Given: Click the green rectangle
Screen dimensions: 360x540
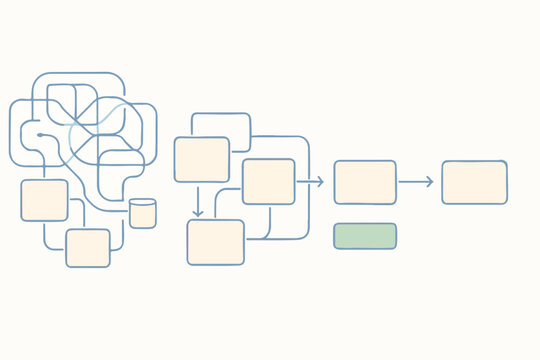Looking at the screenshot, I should click(x=364, y=236).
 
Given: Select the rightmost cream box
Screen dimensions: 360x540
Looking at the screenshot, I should click(x=474, y=182).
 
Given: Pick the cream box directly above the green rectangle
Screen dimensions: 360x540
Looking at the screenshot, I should click(x=364, y=182).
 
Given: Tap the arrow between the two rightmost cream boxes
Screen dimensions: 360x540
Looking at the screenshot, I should click(x=416, y=182).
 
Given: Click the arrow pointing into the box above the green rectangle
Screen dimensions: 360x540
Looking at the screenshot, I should click(x=311, y=182).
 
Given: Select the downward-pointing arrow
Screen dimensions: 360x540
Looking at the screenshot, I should click(x=198, y=200).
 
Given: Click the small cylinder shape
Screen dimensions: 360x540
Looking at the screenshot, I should click(x=143, y=213).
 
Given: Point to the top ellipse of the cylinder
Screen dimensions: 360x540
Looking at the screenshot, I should click(x=143, y=203).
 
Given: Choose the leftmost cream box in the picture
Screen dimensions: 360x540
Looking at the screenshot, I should click(x=44, y=200).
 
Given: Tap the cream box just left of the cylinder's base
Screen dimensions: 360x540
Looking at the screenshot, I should click(x=88, y=248).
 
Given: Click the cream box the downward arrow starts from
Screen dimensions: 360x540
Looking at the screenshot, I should click(x=202, y=159).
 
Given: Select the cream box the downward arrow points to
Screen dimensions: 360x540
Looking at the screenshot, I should click(x=215, y=242).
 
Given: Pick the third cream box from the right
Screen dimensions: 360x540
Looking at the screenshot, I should click(x=268, y=181).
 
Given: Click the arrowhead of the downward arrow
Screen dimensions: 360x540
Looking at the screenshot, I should click(x=198, y=213).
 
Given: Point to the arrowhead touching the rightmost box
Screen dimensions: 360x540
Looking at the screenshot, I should click(x=430, y=182).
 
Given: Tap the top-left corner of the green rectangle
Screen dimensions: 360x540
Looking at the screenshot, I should click(x=335, y=225).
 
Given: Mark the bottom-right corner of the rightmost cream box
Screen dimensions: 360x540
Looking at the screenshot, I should click(x=505, y=202).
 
